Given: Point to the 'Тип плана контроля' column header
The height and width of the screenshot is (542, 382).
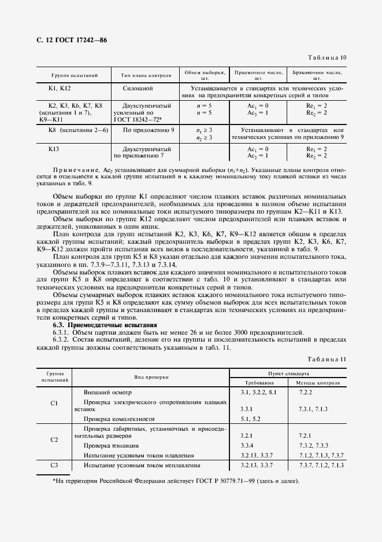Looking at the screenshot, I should pos(146,75).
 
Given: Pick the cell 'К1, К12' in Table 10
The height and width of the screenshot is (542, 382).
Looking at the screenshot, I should pos(59,88).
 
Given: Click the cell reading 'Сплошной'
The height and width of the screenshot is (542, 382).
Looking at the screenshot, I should pos(138,88).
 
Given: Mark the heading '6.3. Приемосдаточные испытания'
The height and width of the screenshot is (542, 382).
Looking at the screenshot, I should pos(105,325).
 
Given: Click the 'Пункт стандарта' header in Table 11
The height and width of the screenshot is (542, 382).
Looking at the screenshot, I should pos(287,374).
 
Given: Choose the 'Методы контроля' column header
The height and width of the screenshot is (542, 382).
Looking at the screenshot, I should pos(317,383).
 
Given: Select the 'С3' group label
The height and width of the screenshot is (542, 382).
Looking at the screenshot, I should pos(54,465).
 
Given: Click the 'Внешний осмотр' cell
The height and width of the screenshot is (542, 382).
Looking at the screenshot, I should pos(109,393).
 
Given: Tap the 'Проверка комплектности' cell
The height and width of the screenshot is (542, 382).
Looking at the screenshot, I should pos(119,418).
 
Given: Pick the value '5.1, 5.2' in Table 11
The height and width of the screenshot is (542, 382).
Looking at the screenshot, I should pos(251,418).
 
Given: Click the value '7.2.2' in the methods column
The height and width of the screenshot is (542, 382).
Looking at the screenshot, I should pos(305,393).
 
